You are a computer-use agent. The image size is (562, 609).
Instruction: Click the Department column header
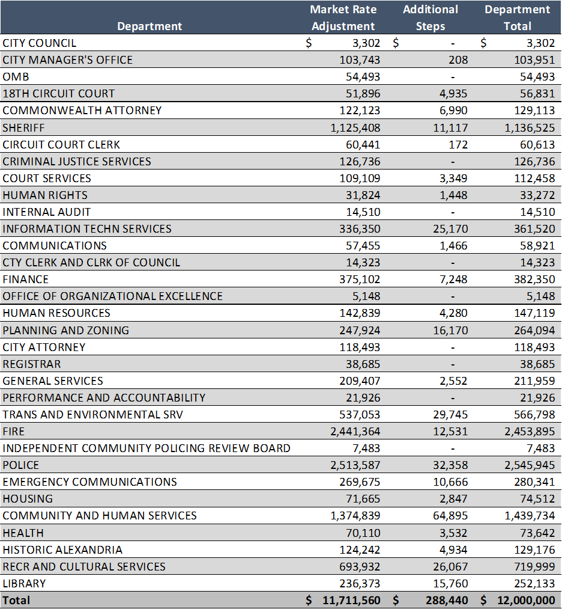click(x=150, y=26)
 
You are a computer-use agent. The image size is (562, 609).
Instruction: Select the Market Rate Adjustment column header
click(x=343, y=17)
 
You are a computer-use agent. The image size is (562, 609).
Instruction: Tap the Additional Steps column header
click(x=430, y=17)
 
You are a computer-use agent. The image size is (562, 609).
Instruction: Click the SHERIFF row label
click(x=23, y=127)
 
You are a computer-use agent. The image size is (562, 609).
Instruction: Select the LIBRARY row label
click(x=24, y=583)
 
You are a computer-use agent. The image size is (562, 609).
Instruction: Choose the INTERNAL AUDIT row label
click(x=47, y=212)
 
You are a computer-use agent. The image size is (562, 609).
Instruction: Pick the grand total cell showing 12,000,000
click(x=526, y=600)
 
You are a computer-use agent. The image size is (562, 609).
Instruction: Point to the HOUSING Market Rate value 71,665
click(x=363, y=498)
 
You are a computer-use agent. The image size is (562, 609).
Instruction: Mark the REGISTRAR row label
click(x=31, y=364)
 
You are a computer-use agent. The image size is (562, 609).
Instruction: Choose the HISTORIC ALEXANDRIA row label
click(x=62, y=549)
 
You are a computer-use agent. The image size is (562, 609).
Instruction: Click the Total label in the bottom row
click(x=16, y=600)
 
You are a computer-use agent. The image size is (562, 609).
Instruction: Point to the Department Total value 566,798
click(x=534, y=414)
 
